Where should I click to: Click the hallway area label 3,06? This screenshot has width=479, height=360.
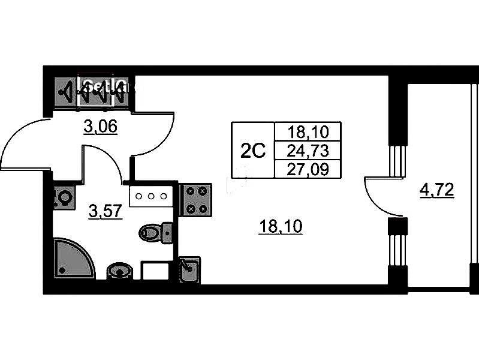click(x=100, y=127)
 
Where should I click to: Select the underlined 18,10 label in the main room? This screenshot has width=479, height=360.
click(x=281, y=227)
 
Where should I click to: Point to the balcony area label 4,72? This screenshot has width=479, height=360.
click(x=437, y=191)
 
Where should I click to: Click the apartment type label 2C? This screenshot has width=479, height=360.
click(x=252, y=151)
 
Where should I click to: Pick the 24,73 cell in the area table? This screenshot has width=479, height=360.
click(x=306, y=150)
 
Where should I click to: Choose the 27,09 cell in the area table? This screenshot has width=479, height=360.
click(x=306, y=169)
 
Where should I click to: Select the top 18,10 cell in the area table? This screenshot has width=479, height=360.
click(x=306, y=131)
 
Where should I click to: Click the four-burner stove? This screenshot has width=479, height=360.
click(x=197, y=200)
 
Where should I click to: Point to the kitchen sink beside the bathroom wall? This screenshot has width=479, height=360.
click(x=190, y=269)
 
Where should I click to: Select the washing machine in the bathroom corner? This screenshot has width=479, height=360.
click(x=63, y=197)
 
